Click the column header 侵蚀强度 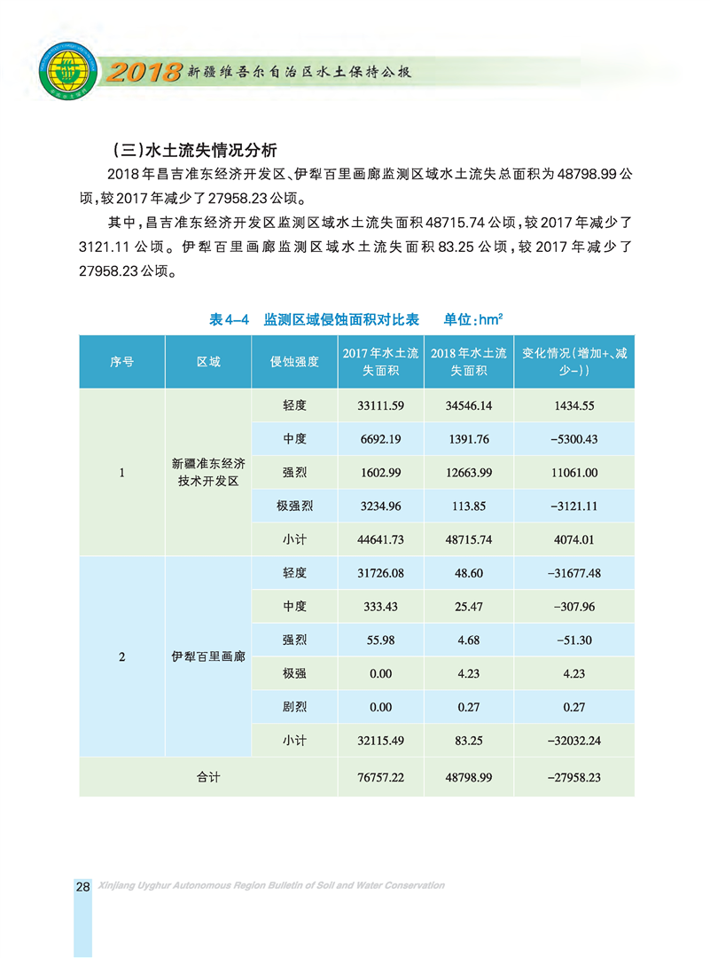tap(294, 362)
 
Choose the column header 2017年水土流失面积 tap(380, 362)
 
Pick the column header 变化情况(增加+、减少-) tap(574, 362)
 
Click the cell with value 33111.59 tap(380, 405)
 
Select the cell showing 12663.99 tap(469, 473)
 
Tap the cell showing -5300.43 tap(574, 439)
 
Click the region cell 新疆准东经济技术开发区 tap(208, 473)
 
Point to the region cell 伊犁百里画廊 tap(208, 657)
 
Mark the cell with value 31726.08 tap(380, 573)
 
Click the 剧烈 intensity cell tap(294, 708)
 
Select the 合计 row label tap(208, 776)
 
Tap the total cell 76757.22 tap(380, 776)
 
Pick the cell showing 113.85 tap(469, 506)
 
